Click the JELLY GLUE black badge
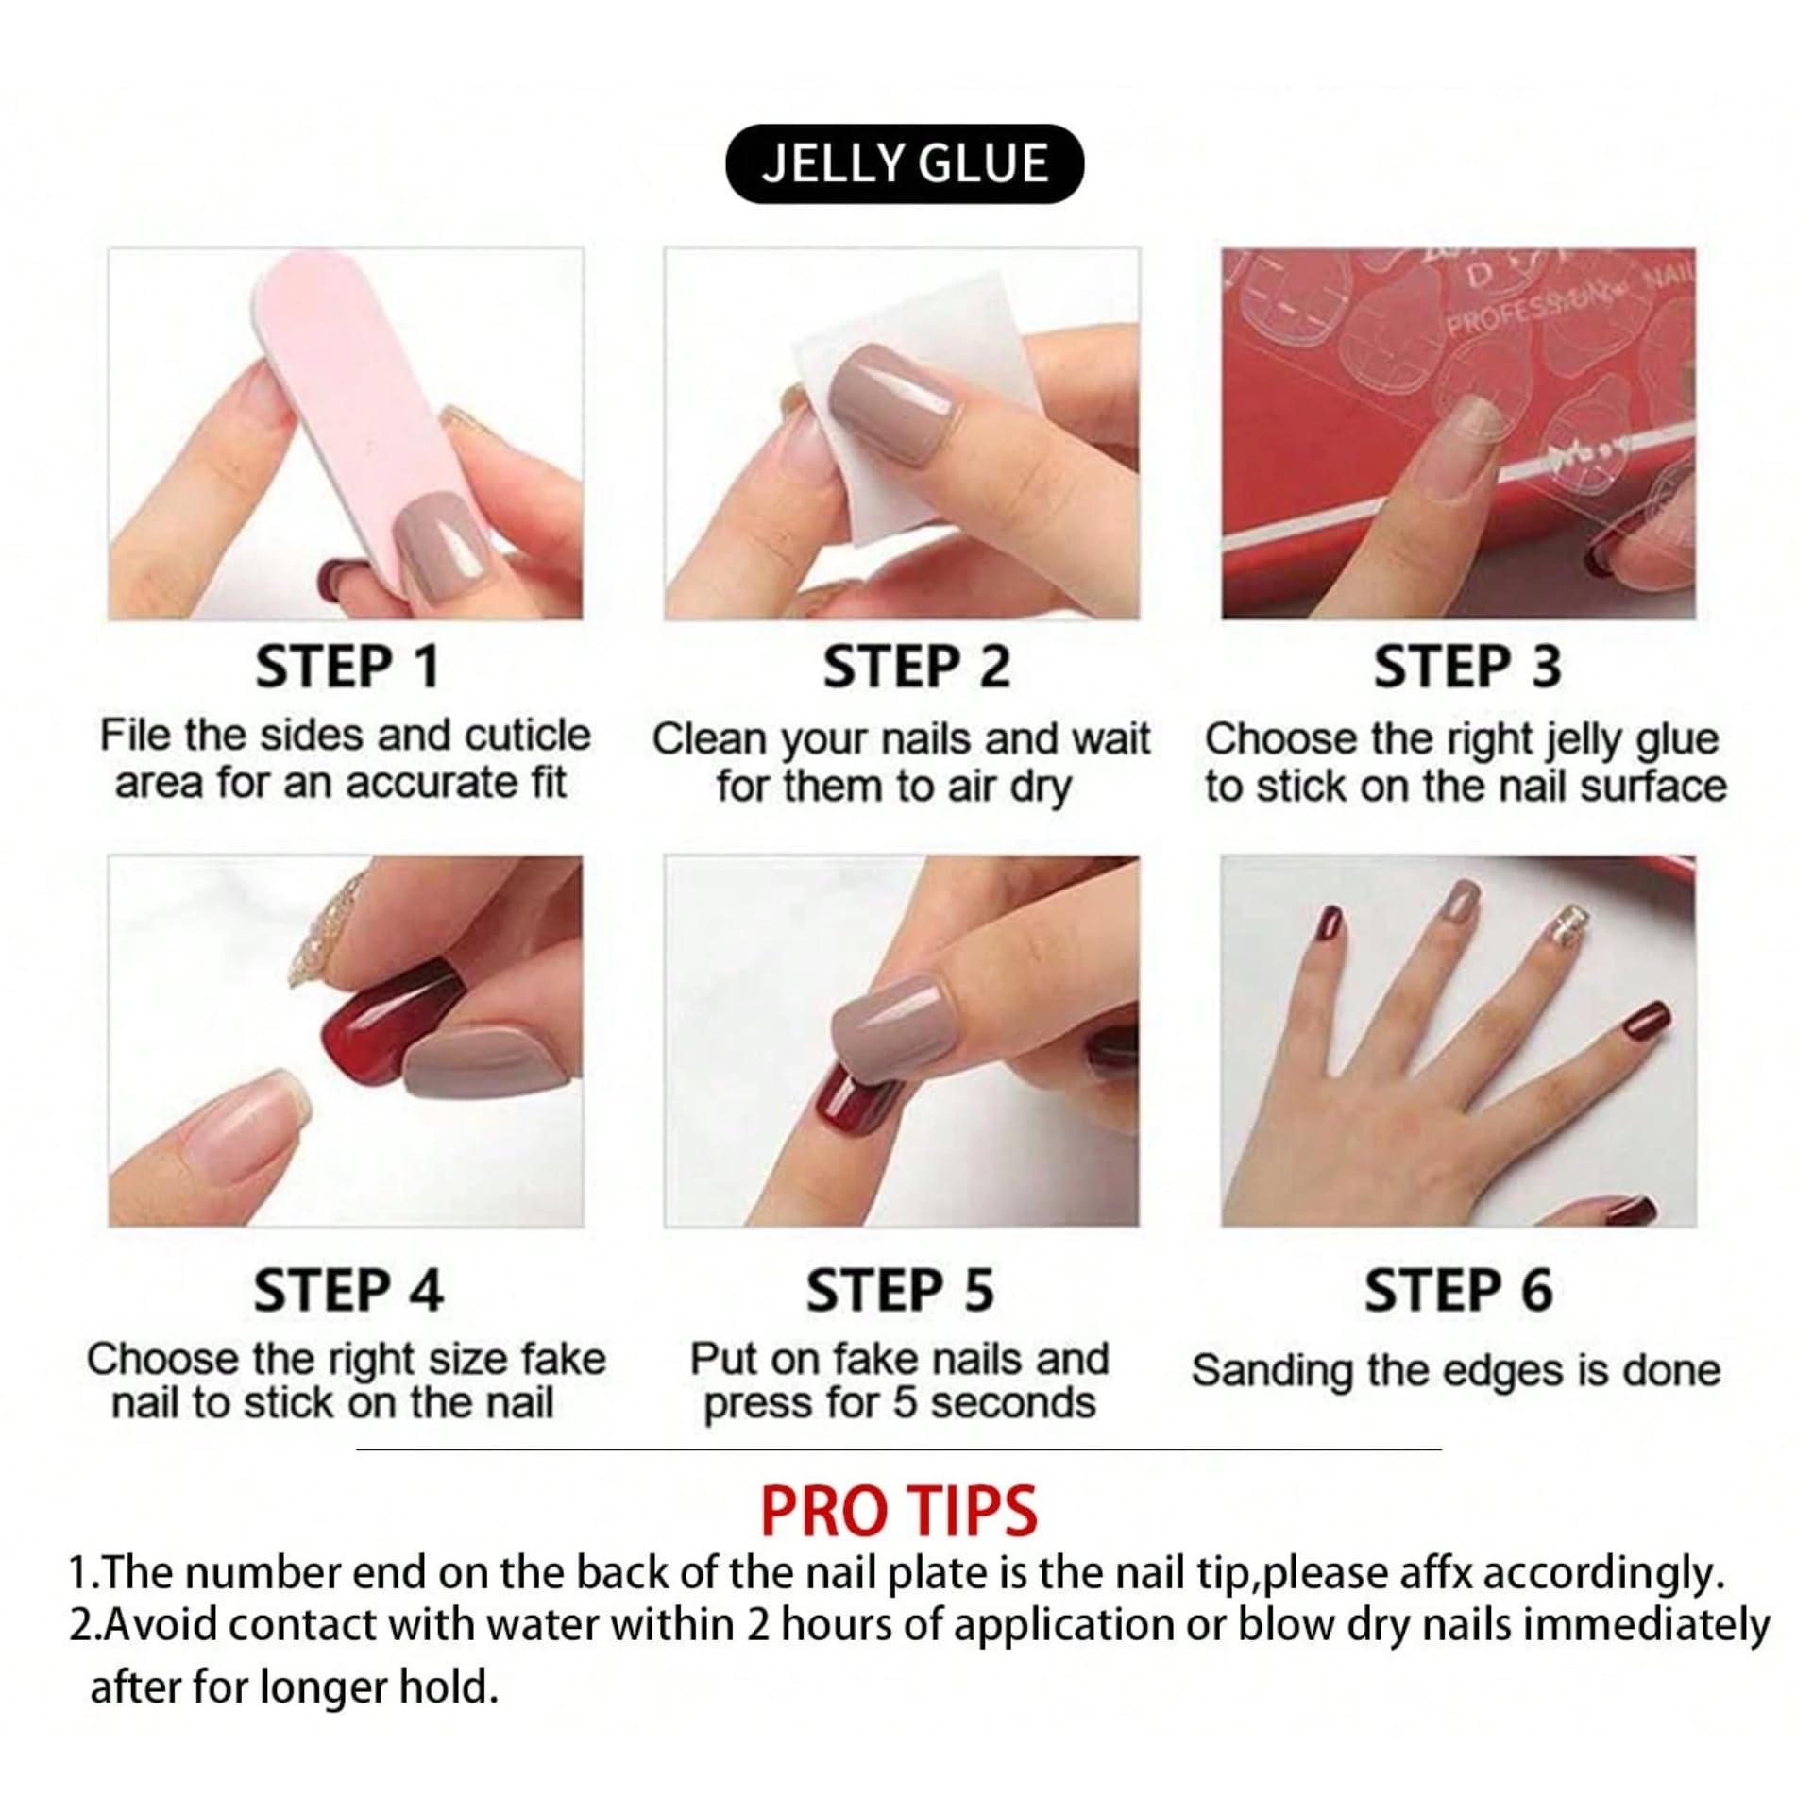(904, 163)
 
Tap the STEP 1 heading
(347, 667)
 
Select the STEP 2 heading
(916, 667)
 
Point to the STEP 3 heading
(1467, 667)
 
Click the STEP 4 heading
(348, 1290)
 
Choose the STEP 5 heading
(900, 1290)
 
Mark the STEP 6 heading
(1459, 1290)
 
